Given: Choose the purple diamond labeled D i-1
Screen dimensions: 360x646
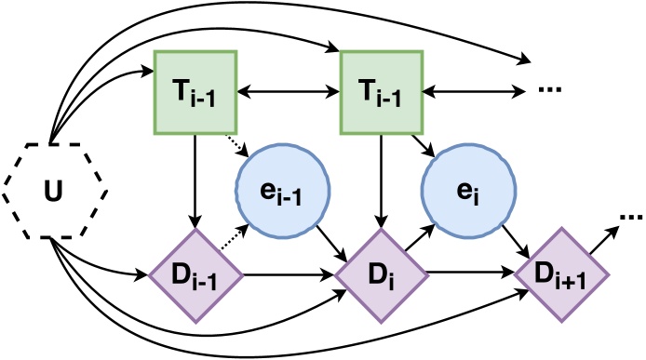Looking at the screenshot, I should click(195, 276).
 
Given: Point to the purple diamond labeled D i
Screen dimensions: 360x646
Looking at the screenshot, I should click(380, 276).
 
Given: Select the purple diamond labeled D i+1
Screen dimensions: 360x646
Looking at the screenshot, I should click(562, 276).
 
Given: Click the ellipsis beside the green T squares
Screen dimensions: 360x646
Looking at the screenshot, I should click(550, 93).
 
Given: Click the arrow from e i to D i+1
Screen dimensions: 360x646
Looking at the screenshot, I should click(514, 240).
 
